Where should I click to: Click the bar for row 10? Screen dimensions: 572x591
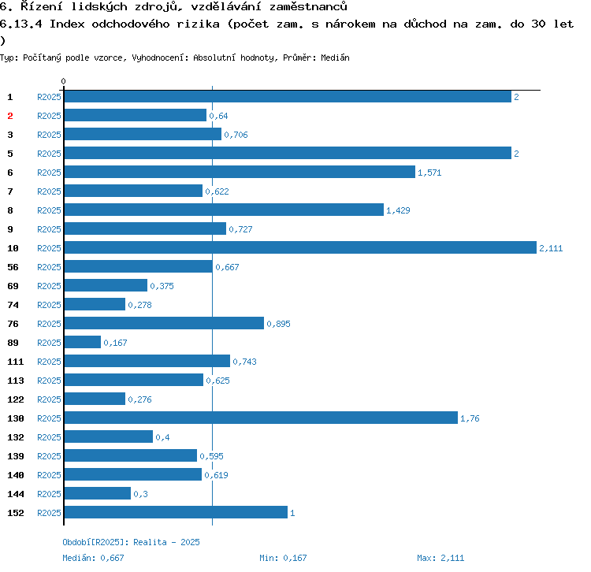point(299,248)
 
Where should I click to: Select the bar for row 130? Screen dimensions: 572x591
point(260,418)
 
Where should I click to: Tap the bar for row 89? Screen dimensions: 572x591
point(82,343)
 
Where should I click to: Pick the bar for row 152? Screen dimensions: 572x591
point(175,513)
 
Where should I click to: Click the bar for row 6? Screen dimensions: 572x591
point(239,173)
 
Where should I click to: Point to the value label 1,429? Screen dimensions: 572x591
point(398,210)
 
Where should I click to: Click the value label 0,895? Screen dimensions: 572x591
point(278,324)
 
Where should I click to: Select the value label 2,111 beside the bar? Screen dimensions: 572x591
point(551,248)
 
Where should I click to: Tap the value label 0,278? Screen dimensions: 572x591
point(139,305)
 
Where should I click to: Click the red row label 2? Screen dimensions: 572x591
point(10,116)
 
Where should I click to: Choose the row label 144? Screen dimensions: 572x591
point(15,494)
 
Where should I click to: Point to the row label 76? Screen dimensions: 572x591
point(13,324)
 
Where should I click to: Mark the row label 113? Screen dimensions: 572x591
point(15,381)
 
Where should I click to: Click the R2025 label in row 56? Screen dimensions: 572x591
point(49,267)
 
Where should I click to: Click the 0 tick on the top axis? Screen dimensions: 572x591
point(63,81)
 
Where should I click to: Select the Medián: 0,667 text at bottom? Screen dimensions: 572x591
point(94,558)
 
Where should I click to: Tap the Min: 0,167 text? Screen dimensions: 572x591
point(283,558)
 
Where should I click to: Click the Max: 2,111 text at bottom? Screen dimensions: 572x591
point(440,558)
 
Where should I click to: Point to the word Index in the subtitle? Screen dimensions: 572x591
point(66,24)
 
